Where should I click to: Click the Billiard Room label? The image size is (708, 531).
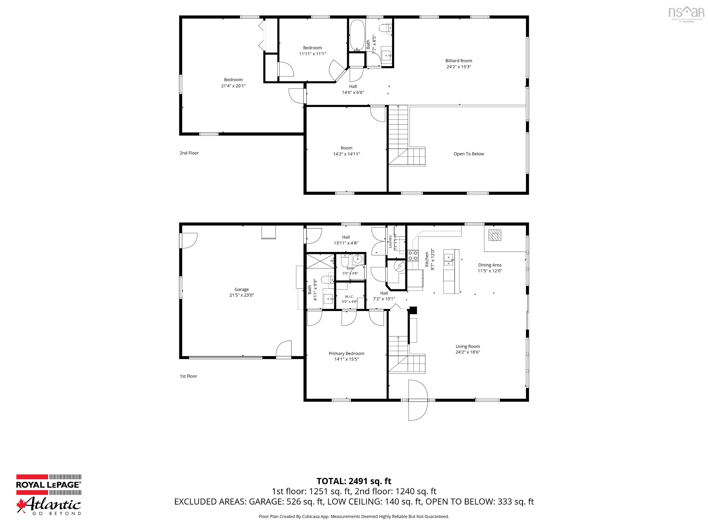pos(459,61)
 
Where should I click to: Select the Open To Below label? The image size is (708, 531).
pos(469,154)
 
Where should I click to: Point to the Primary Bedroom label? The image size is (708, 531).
pos(346,353)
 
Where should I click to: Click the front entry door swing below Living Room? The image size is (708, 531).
pos(418,400)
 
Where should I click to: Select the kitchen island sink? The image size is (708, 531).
pos(449,260)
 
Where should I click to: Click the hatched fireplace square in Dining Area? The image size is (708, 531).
pos(495,235)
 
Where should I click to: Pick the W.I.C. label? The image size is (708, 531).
pos(349,297)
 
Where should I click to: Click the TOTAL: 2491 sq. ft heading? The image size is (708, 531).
pos(354,481)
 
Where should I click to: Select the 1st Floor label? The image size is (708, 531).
pos(188,376)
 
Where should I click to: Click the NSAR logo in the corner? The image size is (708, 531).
pos(686,15)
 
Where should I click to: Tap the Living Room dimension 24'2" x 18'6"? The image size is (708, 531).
pos(468,352)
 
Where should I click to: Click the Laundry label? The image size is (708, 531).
pos(390,241)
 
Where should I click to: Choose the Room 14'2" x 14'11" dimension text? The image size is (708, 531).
pos(346,154)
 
